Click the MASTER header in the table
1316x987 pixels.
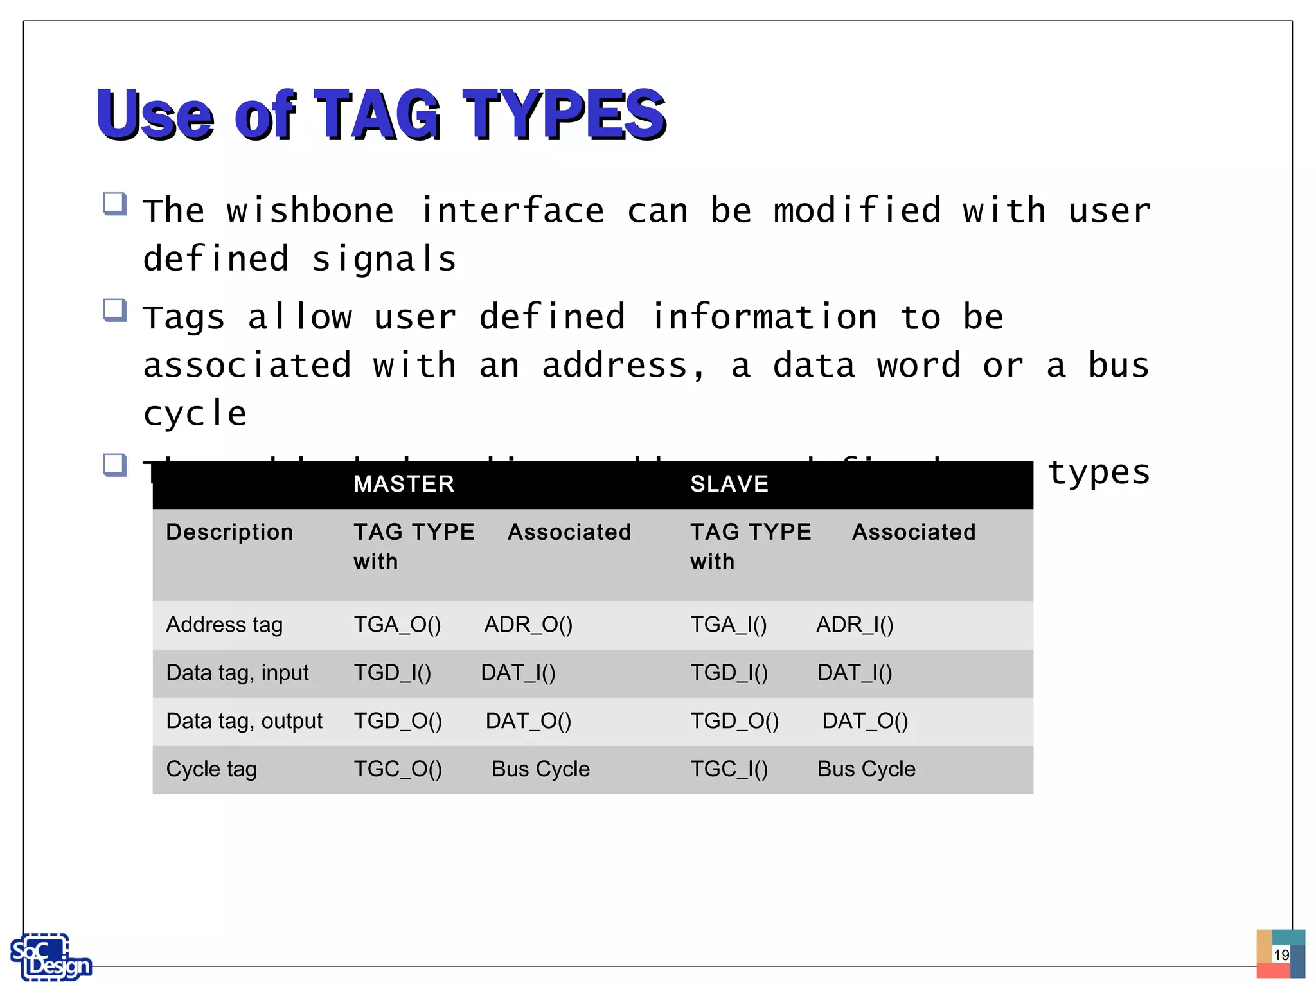(x=404, y=484)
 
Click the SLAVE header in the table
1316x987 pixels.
(x=729, y=484)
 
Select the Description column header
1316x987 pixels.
(x=229, y=532)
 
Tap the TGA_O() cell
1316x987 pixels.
(x=397, y=625)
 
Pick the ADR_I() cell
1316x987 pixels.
(x=854, y=625)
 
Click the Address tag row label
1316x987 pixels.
(x=224, y=625)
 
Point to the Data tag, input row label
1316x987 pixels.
(x=237, y=673)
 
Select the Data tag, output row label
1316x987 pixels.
(x=244, y=721)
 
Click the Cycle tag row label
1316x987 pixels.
(x=211, y=769)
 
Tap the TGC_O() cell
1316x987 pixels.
(x=398, y=769)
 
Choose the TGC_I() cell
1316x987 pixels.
(x=729, y=769)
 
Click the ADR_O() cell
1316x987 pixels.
(x=528, y=625)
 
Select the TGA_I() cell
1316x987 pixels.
(x=728, y=625)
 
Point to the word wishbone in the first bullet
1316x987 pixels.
(x=310, y=211)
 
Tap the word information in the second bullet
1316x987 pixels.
(x=764, y=317)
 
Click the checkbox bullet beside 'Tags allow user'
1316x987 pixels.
(x=115, y=310)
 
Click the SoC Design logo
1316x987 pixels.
(x=50, y=957)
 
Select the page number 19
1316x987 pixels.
(x=1281, y=955)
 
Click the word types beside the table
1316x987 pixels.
(x=1098, y=473)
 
